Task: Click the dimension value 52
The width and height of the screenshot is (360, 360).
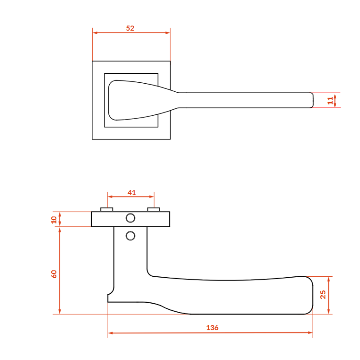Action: [130, 28]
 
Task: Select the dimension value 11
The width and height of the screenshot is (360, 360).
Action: [330, 100]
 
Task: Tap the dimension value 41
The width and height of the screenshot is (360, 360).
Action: [132, 193]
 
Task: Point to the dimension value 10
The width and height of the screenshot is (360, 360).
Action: [54, 220]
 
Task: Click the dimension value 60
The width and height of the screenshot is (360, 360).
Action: [54, 274]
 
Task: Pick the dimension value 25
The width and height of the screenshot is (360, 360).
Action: [323, 295]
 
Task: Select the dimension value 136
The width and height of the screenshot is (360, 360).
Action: [212, 328]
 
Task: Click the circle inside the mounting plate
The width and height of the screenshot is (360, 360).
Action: [130, 218]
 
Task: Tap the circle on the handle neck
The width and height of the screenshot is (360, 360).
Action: [130, 236]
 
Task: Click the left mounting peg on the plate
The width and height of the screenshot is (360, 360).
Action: [107, 209]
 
